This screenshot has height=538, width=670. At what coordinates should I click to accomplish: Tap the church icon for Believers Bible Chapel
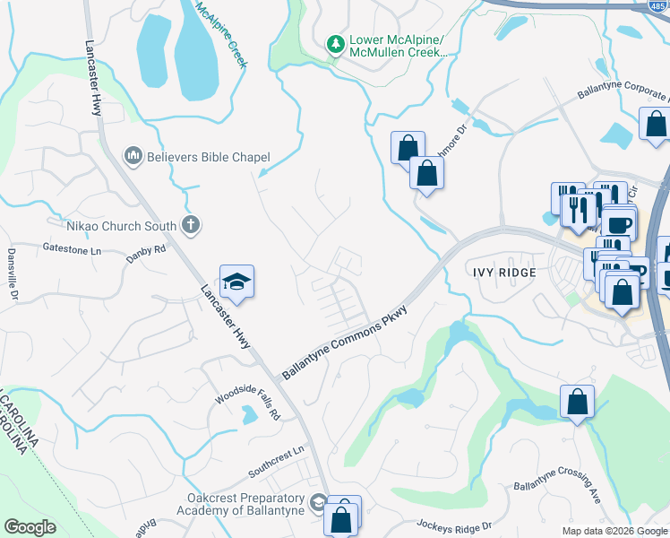(x=134, y=157)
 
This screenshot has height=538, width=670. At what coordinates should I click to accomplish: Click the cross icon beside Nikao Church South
(x=190, y=225)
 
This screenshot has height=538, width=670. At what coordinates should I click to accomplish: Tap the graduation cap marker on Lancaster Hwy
(x=236, y=282)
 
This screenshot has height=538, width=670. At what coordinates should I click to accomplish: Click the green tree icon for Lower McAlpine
(x=336, y=44)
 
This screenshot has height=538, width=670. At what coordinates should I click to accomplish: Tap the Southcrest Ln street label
(x=277, y=460)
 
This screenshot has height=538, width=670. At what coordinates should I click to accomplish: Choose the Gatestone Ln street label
(x=72, y=249)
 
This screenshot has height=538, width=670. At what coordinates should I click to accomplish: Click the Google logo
(x=30, y=527)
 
